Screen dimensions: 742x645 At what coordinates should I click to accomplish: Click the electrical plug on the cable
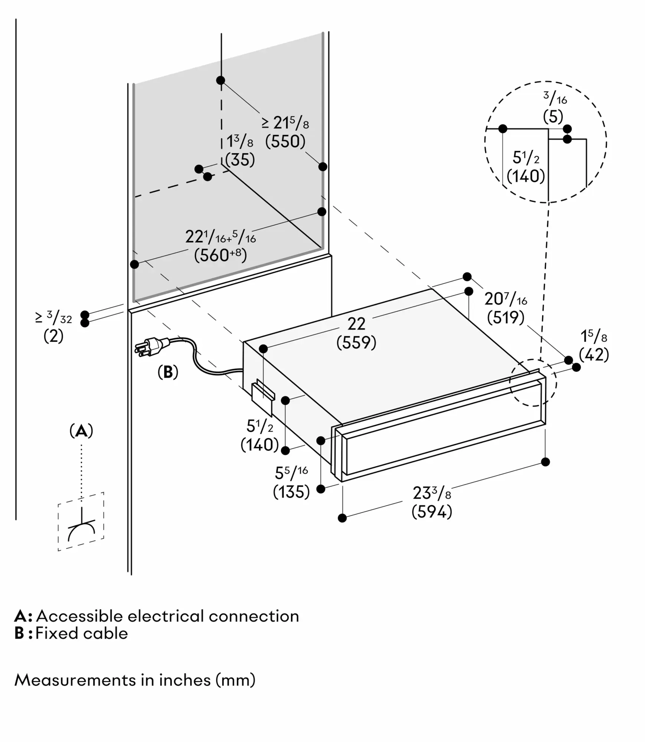[148, 347]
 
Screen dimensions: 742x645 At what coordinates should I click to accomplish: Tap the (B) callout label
[168, 372]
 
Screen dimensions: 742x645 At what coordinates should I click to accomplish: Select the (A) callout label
[81, 431]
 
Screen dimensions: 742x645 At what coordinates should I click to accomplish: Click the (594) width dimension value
[432, 512]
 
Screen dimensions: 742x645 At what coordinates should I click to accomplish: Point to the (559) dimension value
[356, 342]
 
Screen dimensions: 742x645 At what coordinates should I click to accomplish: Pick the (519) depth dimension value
[505, 318]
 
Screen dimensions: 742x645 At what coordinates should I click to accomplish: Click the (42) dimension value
[594, 355]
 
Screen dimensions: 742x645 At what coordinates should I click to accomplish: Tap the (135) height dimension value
[291, 492]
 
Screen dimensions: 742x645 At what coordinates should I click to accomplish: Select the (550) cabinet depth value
[285, 141]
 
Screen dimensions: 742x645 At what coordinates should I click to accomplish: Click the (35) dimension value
[240, 160]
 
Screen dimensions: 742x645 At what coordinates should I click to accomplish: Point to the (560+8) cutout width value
[220, 255]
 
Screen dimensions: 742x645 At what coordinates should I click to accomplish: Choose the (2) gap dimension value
[53, 336]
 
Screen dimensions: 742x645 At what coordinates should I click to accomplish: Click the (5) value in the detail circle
[553, 117]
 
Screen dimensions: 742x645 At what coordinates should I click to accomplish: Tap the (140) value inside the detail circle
[526, 176]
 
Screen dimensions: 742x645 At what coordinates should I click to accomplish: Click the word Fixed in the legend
[54, 633]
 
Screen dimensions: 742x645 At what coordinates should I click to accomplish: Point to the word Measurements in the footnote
[74, 680]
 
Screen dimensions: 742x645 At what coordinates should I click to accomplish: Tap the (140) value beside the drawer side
[259, 444]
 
